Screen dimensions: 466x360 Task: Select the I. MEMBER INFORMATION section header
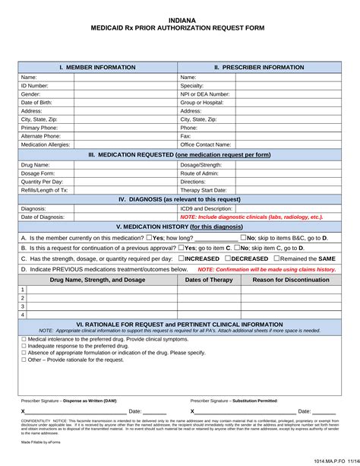click(x=98, y=68)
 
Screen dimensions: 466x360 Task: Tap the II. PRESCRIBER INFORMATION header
click(x=259, y=68)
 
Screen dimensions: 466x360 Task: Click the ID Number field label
click(x=34, y=87)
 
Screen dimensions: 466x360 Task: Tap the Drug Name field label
click(x=36, y=165)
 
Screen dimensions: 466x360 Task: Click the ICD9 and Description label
click(x=207, y=208)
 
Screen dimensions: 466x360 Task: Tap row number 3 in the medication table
click(x=23, y=306)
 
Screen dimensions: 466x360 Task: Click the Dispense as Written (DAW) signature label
click(x=69, y=400)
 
